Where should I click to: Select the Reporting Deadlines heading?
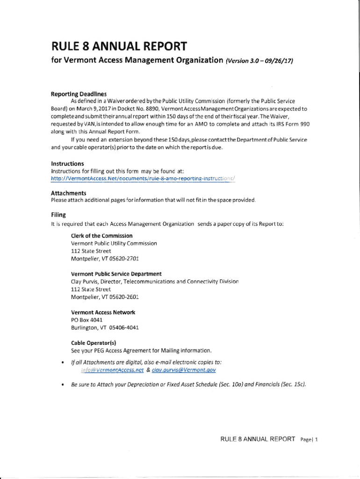(x=79, y=94)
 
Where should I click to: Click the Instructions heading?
(x=67, y=164)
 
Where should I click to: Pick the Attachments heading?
(x=68, y=193)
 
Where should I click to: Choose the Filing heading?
(x=58, y=215)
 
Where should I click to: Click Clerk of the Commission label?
(x=101, y=236)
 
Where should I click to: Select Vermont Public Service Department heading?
(x=116, y=274)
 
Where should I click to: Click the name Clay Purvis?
(x=85, y=282)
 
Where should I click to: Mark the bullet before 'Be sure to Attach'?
(x=57, y=385)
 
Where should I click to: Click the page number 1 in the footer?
(x=316, y=439)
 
